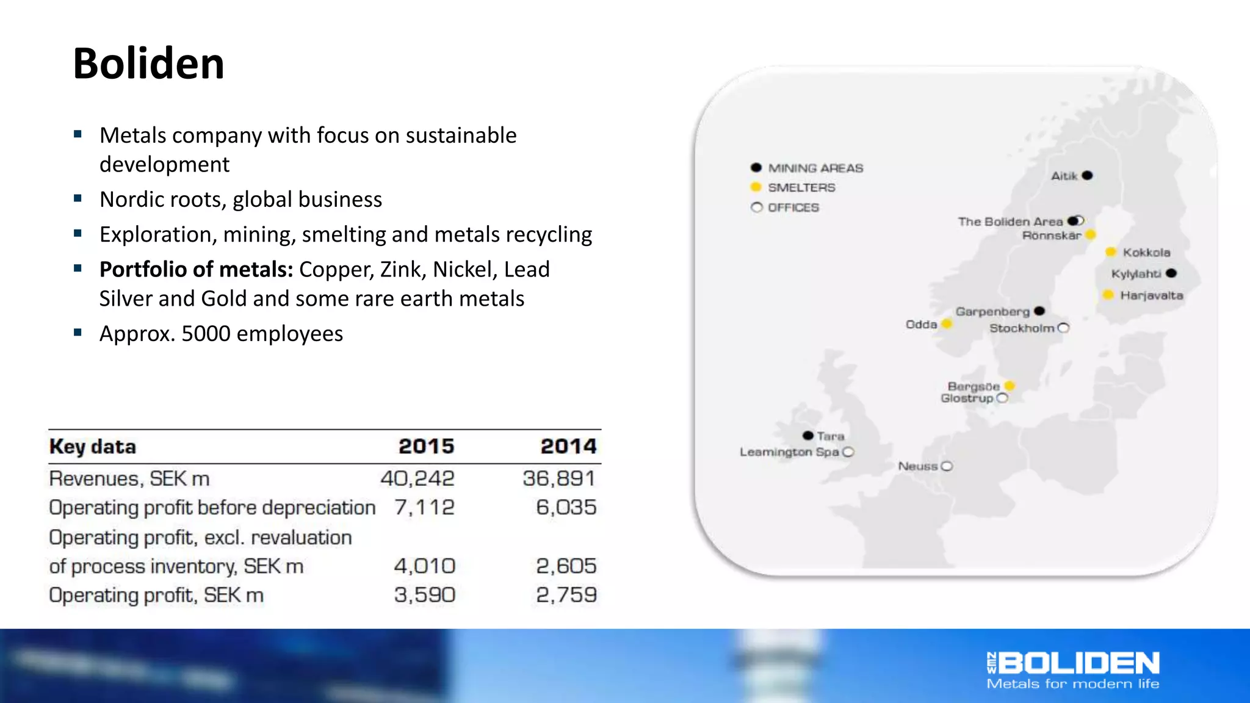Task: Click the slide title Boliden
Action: tap(148, 63)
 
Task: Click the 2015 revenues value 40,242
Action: tap(417, 478)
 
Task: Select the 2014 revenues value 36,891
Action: tap(558, 478)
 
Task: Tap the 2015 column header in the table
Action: tap(426, 447)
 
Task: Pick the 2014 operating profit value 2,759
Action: tap(566, 595)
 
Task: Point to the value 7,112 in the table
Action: tap(424, 508)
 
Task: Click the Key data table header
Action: tap(93, 447)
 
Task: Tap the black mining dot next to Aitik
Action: tap(1087, 176)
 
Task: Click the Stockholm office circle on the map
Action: tap(1063, 328)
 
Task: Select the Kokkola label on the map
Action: tap(1146, 253)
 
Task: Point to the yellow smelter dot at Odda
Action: tap(947, 324)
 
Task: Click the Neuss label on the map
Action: tap(917, 466)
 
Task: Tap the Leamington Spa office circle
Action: tap(848, 452)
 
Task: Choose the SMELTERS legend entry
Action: tap(801, 188)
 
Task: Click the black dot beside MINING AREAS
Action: tap(756, 168)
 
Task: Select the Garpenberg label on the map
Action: tap(992, 312)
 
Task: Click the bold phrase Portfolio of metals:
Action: tap(197, 269)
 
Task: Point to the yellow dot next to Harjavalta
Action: tap(1108, 295)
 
